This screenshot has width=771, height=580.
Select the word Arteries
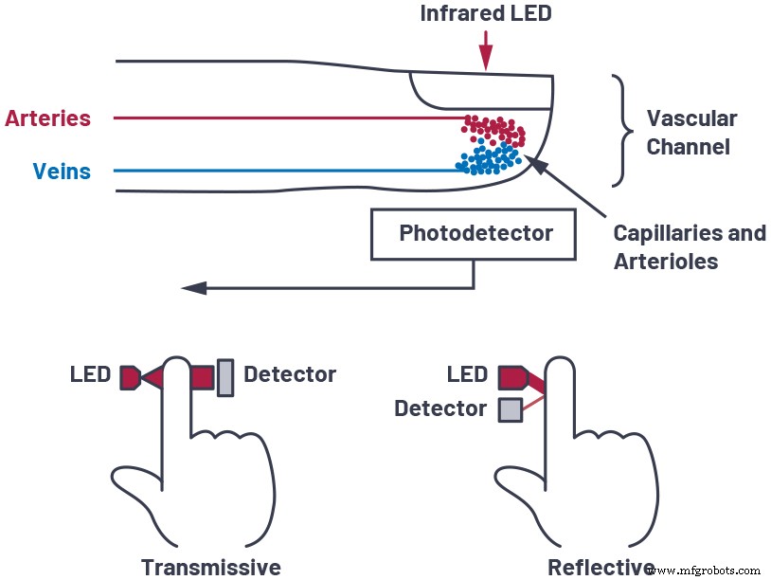(47, 118)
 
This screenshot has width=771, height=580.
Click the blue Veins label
(62, 172)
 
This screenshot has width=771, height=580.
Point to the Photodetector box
(475, 233)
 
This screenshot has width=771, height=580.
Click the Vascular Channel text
(690, 133)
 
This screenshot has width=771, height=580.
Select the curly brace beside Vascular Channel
(621, 131)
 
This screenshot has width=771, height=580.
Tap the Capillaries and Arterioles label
(689, 246)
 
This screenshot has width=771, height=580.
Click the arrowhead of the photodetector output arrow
(191, 286)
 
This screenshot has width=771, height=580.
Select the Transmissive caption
(210, 567)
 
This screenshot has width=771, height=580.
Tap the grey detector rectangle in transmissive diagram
(225, 377)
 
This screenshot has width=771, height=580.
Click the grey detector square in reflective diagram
(510, 409)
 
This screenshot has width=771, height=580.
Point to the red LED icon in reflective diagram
(512, 375)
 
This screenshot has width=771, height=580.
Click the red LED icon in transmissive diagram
(130, 378)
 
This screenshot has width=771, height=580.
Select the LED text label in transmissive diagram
(90, 374)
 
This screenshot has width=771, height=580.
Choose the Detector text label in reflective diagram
(439, 409)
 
